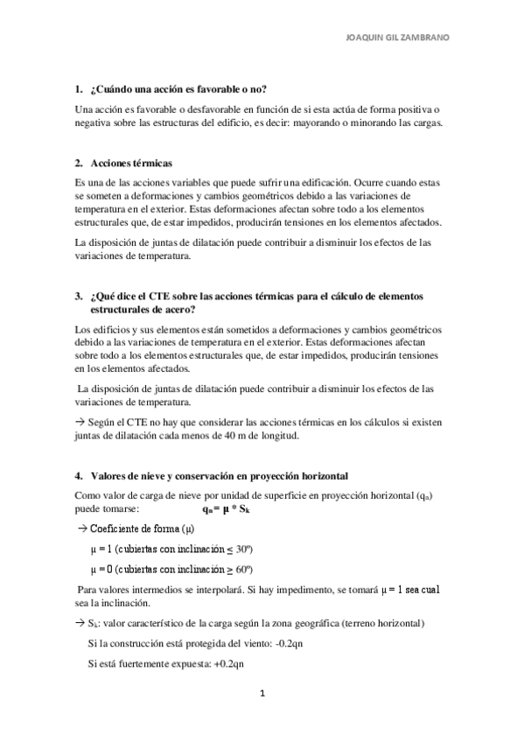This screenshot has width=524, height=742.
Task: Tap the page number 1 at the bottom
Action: pos(261,694)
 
